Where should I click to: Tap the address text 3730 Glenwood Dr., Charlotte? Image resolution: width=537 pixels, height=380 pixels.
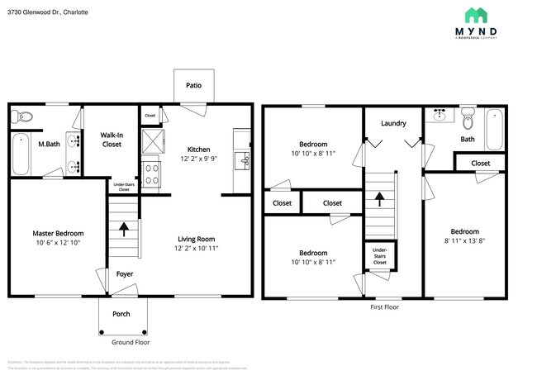[48, 12]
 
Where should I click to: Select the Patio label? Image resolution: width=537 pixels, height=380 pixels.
[193, 84]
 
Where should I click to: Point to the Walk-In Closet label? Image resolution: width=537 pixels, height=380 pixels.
[112, 139]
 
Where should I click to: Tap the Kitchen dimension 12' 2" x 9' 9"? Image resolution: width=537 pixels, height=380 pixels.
[199, 159]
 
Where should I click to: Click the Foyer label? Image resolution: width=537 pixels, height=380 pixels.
[124, 273]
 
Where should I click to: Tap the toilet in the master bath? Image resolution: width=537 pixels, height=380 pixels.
[22, 116]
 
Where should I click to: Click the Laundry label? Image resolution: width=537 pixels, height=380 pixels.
[393, 123]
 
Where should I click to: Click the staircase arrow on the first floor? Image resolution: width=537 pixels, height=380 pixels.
[380, 198]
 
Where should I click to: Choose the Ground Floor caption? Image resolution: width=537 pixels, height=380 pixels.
[131, 341]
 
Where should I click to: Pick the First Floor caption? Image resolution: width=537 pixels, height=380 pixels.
[384, 306]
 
